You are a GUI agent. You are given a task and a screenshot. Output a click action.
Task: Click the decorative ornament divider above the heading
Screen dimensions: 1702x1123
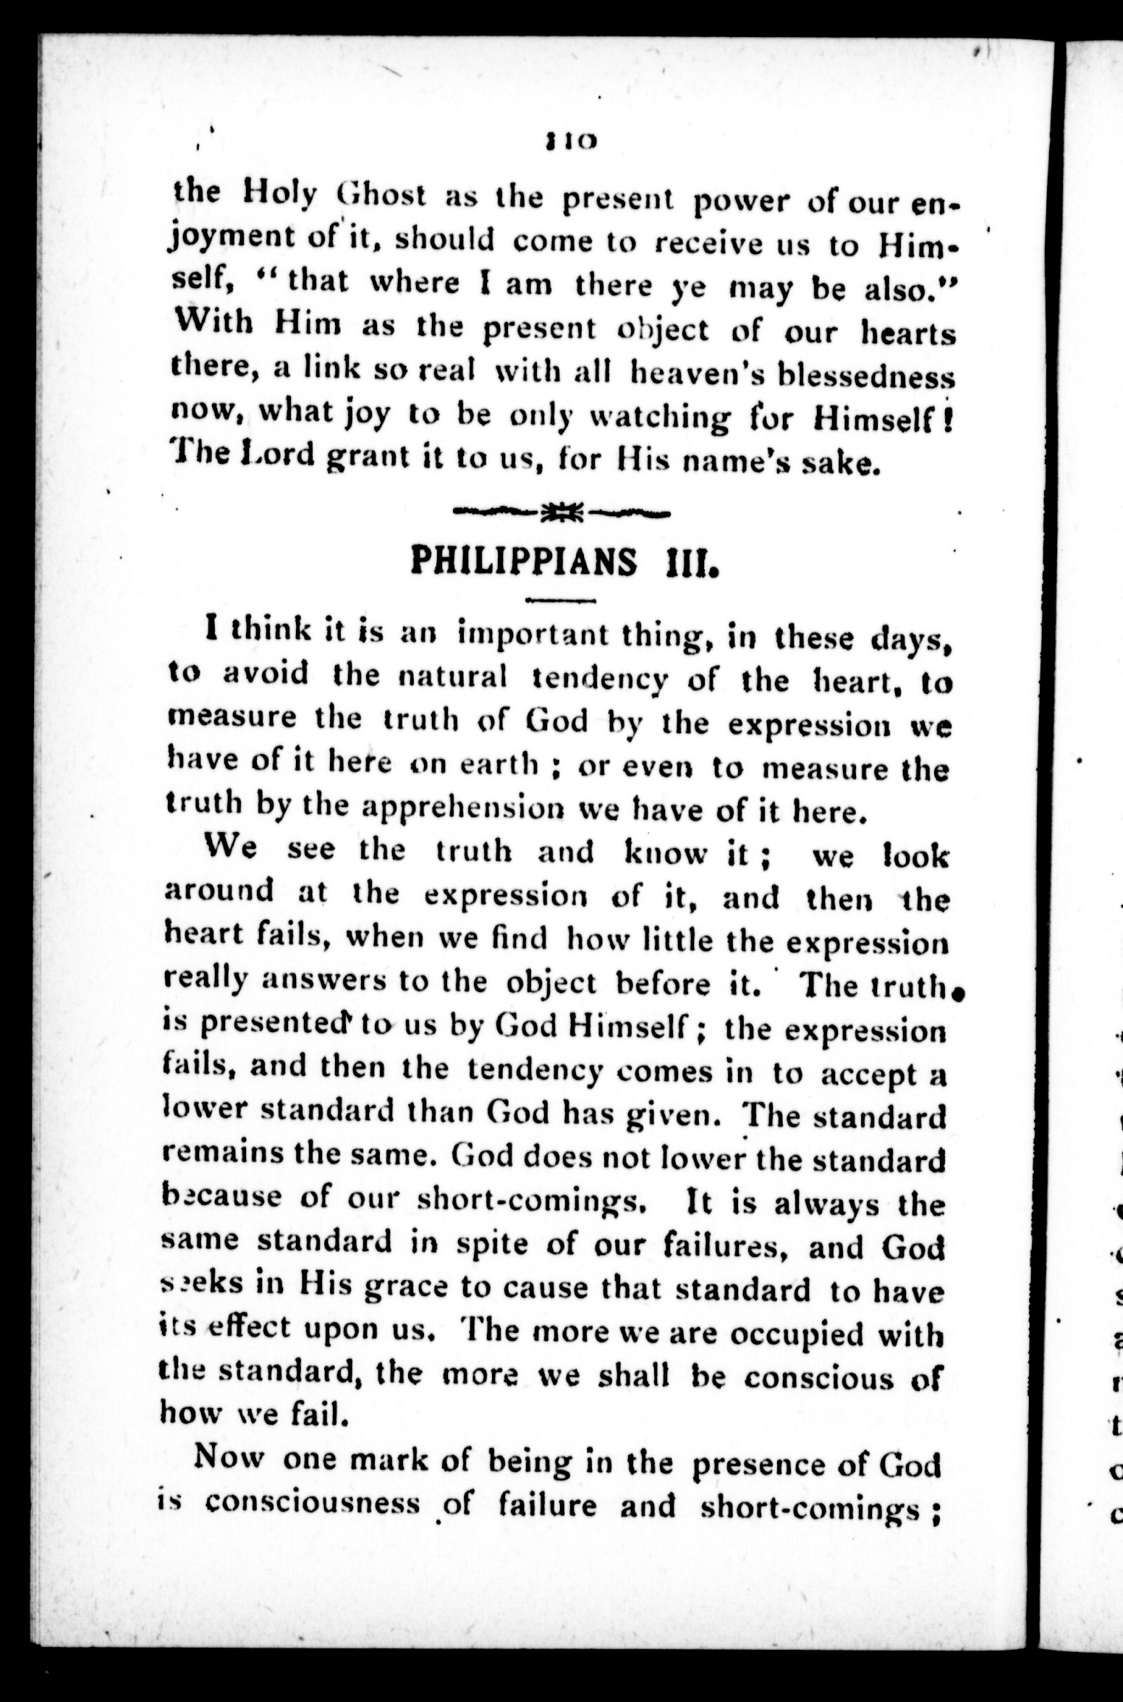561,513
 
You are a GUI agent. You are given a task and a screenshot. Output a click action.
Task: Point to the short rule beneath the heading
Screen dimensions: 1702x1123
561,600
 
